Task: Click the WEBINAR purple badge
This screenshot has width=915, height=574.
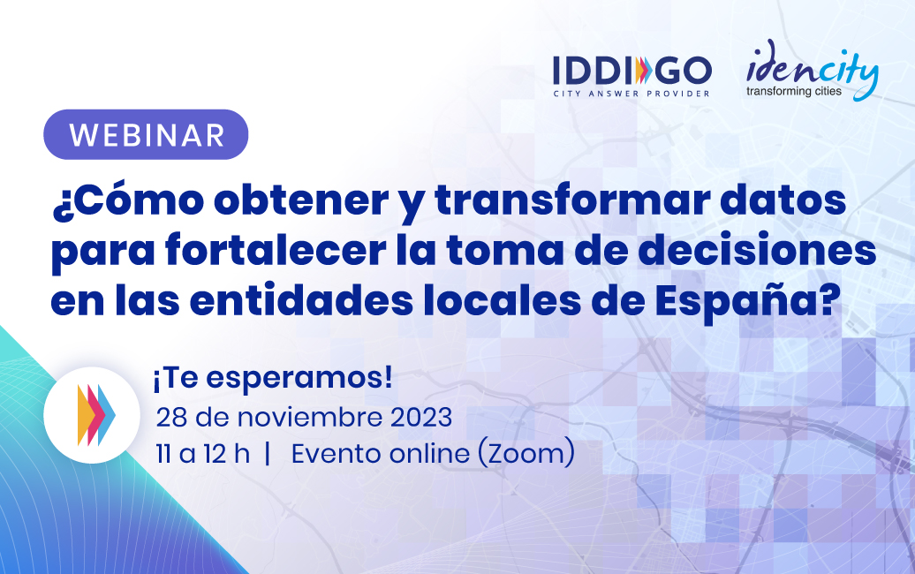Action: click(x=146, y=135)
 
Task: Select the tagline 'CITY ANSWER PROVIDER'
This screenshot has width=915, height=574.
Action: click(x=632, y=94)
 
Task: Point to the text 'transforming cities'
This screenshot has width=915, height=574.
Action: click(x=794, y=91)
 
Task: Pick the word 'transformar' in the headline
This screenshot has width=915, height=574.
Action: click(x=571, y=200)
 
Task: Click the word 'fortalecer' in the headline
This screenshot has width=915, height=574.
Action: click(x=276, y=250)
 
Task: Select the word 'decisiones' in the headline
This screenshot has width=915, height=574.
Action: click(x=757, y=250)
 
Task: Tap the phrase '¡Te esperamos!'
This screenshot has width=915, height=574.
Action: click(x=273, y=379)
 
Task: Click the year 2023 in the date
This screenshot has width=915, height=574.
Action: click(x=421, y=418)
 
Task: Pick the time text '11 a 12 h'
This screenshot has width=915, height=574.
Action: click(x=202, y=454)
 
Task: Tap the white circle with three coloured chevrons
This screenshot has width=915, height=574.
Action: click(x=92, y=415)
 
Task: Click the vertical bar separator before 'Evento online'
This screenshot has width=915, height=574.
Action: click(x=268, y=454)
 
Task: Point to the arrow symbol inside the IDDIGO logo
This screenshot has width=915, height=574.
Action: click(x=640, y=71)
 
